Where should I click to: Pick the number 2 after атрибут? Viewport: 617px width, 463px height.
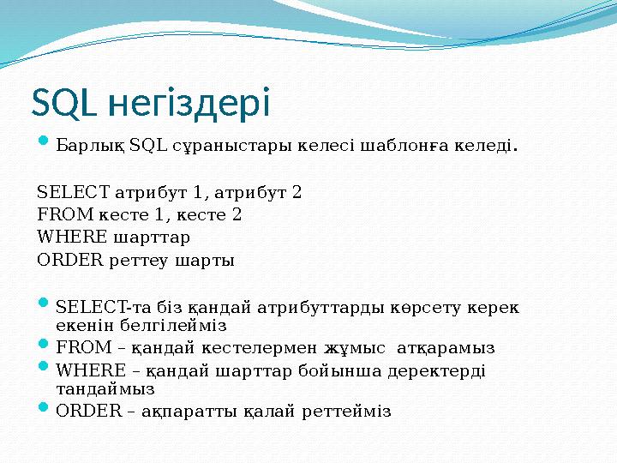(297, 191)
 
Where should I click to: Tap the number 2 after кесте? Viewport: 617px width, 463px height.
(236, 214)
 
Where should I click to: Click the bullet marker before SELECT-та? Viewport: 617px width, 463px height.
(45, 305)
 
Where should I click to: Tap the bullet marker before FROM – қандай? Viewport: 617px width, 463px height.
(45, 347)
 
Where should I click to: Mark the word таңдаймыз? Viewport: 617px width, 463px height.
(105, 389)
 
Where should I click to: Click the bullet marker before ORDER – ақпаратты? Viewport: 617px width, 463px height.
(45, 410)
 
